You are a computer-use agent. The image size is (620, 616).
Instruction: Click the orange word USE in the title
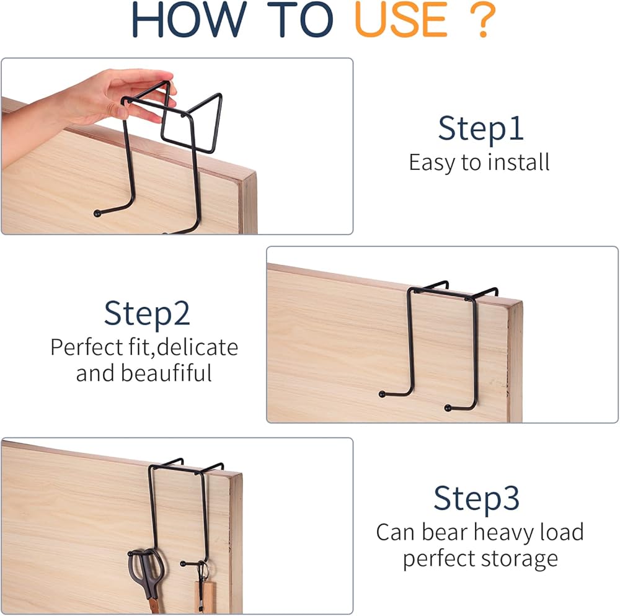click(x=401, y=19)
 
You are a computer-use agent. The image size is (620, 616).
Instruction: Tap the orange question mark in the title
click(x=482, y=19)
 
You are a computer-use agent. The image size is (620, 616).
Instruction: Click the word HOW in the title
click(x=189, y=19)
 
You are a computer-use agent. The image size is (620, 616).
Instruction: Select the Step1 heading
click(x=481, y=128)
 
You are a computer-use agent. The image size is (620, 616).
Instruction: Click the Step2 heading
click(x=147, y=313)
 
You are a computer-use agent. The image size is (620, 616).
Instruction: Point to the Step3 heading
click(x=476, y=498)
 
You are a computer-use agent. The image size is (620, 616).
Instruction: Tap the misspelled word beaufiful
click(x=166, y=373)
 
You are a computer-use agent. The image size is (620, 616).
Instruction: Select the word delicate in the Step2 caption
click(x=197, y=347)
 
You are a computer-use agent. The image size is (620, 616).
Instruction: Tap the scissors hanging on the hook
click(x=146, y=578)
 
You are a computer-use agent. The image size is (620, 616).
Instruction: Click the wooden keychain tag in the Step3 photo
click(x=204, y=598)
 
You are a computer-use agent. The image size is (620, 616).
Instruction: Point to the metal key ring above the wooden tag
click(x=203, y=571)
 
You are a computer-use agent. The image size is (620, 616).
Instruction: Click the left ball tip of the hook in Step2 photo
click(x=382, y=394)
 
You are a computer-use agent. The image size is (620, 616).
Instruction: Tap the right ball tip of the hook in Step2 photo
click(x=448, y=408)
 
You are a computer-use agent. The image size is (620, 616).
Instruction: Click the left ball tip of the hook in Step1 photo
click(x=97, y=213)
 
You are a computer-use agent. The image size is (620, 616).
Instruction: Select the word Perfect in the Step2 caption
click(x=87, y=347)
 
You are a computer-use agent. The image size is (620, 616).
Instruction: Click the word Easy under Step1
click(x=432, y=163)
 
